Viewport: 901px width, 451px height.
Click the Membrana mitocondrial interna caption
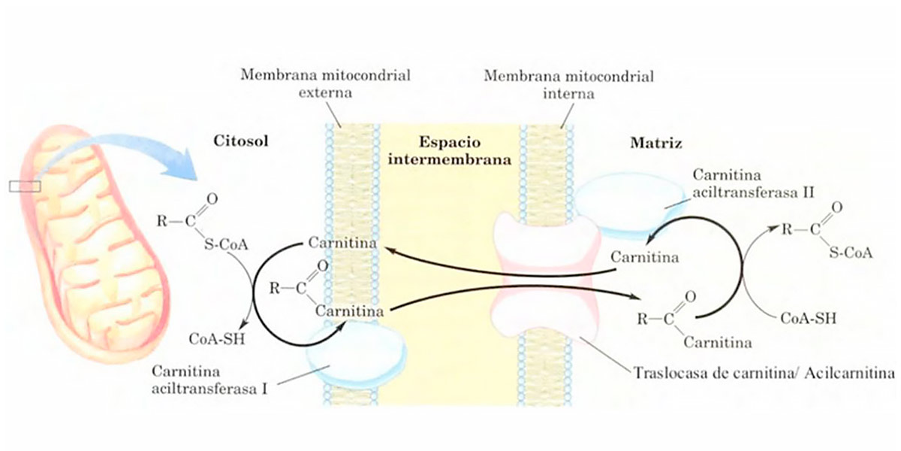coord(568,85)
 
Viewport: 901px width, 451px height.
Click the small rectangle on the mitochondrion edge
coord(25,186)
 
